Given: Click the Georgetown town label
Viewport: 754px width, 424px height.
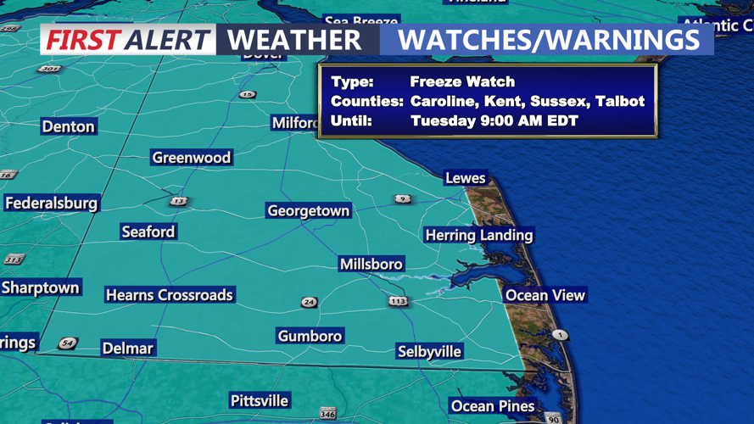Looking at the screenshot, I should (x=308, y=210).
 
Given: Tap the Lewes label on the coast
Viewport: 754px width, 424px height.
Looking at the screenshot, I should (x=466, y=178).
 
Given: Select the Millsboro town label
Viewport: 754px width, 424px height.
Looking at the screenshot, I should (x=371, y=265).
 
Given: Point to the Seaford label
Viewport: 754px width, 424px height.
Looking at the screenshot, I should (x=148, y=232).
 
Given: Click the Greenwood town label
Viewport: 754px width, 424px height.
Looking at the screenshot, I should (x=192, y=158).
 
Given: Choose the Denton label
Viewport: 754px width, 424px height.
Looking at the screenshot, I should (x=69, y=126).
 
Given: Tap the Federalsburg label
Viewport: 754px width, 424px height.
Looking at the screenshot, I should (x=52, y=204).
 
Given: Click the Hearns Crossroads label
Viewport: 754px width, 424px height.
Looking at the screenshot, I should (x=170, y=295).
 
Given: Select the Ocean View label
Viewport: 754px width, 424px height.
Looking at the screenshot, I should (x=545, y=295).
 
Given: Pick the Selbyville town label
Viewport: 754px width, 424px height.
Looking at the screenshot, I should (x=429, y=351).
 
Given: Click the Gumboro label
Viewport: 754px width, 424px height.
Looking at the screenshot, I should (x=310, y=336).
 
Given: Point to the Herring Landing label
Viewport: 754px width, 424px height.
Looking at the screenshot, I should (x=478, y=235).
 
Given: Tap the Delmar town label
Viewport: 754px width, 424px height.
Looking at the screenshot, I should (x=128, y=349).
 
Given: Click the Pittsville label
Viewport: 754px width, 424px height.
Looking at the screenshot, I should (x=260, y=400).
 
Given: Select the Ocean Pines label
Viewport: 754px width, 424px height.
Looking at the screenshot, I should (x=493, y=406).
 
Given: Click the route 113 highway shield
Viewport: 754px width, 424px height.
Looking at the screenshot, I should (x=398, y=301).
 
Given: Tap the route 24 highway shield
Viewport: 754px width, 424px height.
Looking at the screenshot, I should (x=309, y=303).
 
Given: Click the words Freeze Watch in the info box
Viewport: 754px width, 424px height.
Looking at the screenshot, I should (x=462, y=82).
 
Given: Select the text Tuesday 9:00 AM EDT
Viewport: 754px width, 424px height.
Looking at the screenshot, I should (x=494, y=120).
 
